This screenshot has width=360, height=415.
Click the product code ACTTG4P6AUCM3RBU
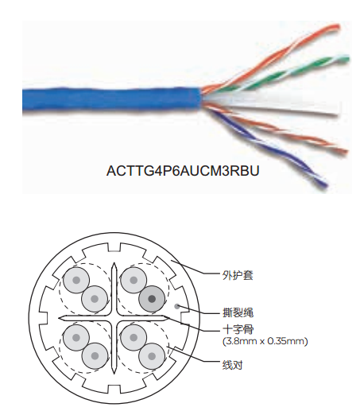coord(183,171)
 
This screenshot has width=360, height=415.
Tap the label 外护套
coord(238,275)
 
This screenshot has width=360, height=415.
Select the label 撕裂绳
coord(238,312)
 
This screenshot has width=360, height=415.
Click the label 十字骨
coord(238,330)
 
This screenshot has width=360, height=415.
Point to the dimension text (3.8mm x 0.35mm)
coord(265,341)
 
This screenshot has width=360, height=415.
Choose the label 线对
coord(232,365)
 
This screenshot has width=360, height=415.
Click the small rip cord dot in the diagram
coord(177,307)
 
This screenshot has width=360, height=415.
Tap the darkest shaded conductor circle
coord(152,299)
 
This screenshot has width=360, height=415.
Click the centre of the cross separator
coord(114,318)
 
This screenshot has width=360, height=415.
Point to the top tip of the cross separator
coord(114,263)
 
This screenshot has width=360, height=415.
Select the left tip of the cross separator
coord(59,318)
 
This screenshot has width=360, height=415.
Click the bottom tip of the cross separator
coord(114,374)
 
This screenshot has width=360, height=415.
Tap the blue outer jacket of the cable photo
coord(112,99)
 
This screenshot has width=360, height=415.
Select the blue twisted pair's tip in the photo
coord(323,184)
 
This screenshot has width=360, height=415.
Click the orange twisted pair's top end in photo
coord(336,27)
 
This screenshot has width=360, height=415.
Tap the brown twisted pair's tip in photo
coord(344,152)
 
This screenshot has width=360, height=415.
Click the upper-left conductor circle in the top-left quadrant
coord(76,280)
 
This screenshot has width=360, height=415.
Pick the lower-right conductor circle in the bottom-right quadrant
coord(152,356)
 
